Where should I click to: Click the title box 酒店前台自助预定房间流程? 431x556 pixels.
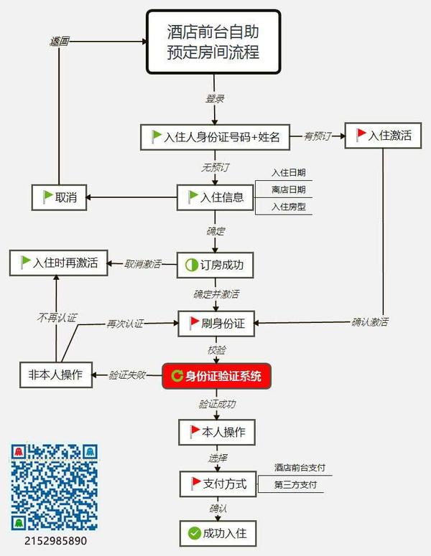[x=213, y=42]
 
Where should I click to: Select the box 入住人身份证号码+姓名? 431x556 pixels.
[x=215, y=136]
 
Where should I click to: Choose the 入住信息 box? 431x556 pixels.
[x=215, y=197]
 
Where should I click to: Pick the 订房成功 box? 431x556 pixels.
[x=215, y=265]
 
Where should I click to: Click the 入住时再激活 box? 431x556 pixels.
[x=58, y=263]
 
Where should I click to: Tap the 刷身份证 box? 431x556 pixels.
[x=217, y=323]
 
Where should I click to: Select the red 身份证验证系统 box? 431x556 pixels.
[x=217, y=375]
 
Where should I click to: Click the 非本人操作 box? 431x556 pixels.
[x=56, y=374]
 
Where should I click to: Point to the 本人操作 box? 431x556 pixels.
[x=217, y=432]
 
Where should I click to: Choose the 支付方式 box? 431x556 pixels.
[x=217, y=484]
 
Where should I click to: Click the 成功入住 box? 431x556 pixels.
[x=217, y=533]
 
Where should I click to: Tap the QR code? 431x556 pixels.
[x=54, y=486]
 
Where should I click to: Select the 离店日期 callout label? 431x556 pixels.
[x=289, y=189]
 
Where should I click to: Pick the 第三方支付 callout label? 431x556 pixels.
[x=295, y=485]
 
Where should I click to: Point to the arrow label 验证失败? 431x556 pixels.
[x=128, y=375]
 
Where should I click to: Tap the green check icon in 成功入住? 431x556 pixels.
[x=194, y=533]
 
